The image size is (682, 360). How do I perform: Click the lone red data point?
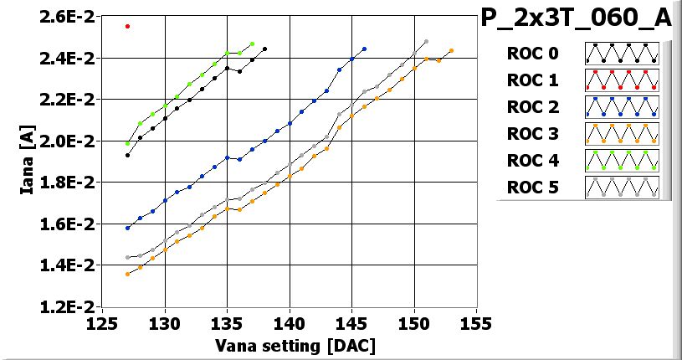127,26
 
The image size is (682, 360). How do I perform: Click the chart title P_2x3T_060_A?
577,18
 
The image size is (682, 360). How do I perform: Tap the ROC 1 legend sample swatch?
622,80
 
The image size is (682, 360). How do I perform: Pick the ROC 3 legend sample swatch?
622,133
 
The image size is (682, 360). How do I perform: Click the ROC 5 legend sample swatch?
622,186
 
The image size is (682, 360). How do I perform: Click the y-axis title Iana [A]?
28,162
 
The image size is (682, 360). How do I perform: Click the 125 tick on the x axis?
103,323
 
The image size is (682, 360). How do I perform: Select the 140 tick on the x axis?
290,323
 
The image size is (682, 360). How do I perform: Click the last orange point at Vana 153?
451,51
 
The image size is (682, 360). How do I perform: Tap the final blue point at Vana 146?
364,49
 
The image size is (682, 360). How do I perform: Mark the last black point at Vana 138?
264,49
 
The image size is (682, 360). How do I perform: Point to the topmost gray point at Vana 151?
426,41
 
